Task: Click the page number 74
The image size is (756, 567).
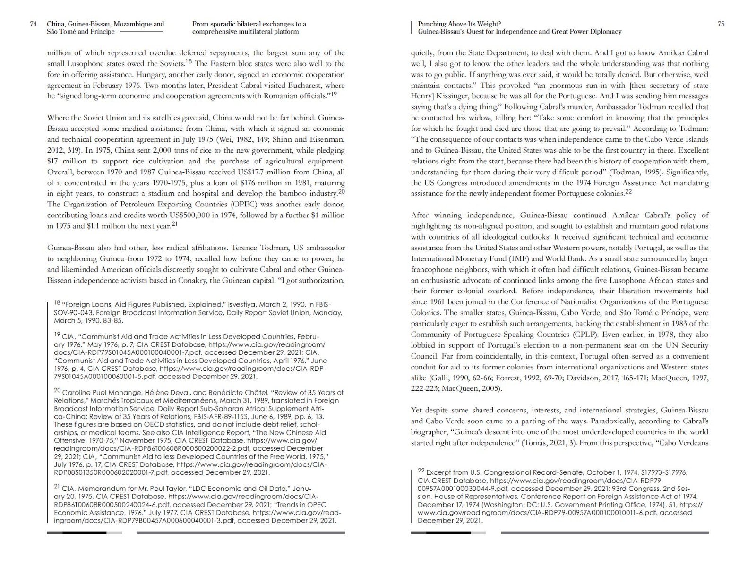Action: coord(33,24)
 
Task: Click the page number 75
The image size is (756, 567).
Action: coord(721,24)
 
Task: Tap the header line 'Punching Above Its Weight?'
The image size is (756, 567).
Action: coord(459,24)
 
